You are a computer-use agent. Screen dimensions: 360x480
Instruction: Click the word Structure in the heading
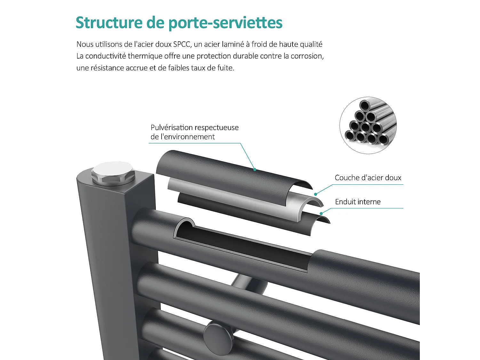click(109, 23)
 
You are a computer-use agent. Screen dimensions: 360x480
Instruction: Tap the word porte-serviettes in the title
click(225, 23)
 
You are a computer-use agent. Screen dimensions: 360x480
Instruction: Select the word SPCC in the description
click(182, 44)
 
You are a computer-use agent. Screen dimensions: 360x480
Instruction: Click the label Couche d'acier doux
click(368, 178)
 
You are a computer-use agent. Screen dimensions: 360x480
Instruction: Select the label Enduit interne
click(358, 202)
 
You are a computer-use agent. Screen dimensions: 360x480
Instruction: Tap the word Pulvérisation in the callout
click(172, 128)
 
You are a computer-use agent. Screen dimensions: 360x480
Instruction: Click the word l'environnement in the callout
click(187, 137)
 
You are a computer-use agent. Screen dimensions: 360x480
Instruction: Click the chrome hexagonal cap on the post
click(113, 173)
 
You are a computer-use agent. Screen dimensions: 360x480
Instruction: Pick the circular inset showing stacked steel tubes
click(368, 125)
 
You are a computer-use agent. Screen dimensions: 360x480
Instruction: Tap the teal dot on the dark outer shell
click(255, 170)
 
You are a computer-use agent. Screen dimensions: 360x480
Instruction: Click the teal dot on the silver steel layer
click(316, 194)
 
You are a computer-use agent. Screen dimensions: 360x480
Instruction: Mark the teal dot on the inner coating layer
click(321, 213)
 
